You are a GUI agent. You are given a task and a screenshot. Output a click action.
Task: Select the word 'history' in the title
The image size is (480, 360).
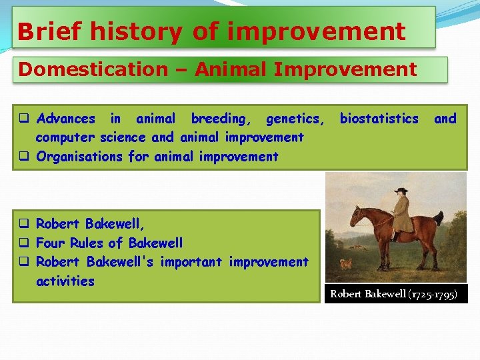137,31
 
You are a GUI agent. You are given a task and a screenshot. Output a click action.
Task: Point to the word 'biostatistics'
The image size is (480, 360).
379,119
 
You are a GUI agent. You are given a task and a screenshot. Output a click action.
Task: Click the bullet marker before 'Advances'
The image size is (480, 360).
23,119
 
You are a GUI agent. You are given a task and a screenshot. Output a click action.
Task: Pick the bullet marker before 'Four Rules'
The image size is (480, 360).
23,243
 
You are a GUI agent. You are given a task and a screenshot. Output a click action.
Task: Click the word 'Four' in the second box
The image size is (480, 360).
51,243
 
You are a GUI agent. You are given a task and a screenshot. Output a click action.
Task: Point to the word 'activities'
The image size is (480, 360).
65,281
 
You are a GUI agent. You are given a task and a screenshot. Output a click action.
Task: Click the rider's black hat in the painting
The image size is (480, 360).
401,191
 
